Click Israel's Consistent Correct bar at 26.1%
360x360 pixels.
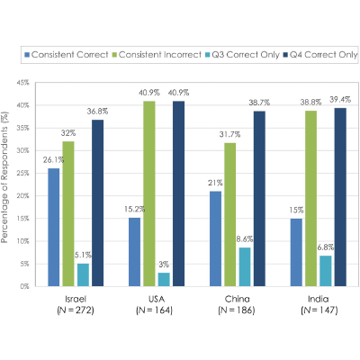[x=54, y=228]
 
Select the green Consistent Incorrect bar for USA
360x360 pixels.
[x=149, y=193]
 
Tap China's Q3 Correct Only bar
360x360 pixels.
[x=245, y=267]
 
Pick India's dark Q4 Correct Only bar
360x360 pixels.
[x=340, y=197]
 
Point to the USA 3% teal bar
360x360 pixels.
[x=164, y=280]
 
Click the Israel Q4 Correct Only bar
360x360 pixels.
[x=98, y=203]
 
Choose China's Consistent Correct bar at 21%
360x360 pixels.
[x=215, y=238]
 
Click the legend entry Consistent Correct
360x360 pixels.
[x=67, y=55]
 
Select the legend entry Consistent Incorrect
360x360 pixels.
[x=157, y=55]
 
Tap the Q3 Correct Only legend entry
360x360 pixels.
[x=242, y=55]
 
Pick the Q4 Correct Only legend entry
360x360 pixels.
[x=320, y=55]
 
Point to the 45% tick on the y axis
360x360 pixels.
[x=23, y=83]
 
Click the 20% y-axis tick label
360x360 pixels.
[x=23, y=196]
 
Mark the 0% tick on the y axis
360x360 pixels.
[x=24, y=286]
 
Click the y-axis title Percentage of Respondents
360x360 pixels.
[x=4, y=177]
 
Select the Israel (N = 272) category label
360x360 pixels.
[x=76, y=304]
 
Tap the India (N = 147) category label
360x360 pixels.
[x=319, y=304]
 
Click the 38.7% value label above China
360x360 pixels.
[x=259, y=103]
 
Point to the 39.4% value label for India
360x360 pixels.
[x=340, y=100]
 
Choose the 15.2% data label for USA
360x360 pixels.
[x=134, y=209]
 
